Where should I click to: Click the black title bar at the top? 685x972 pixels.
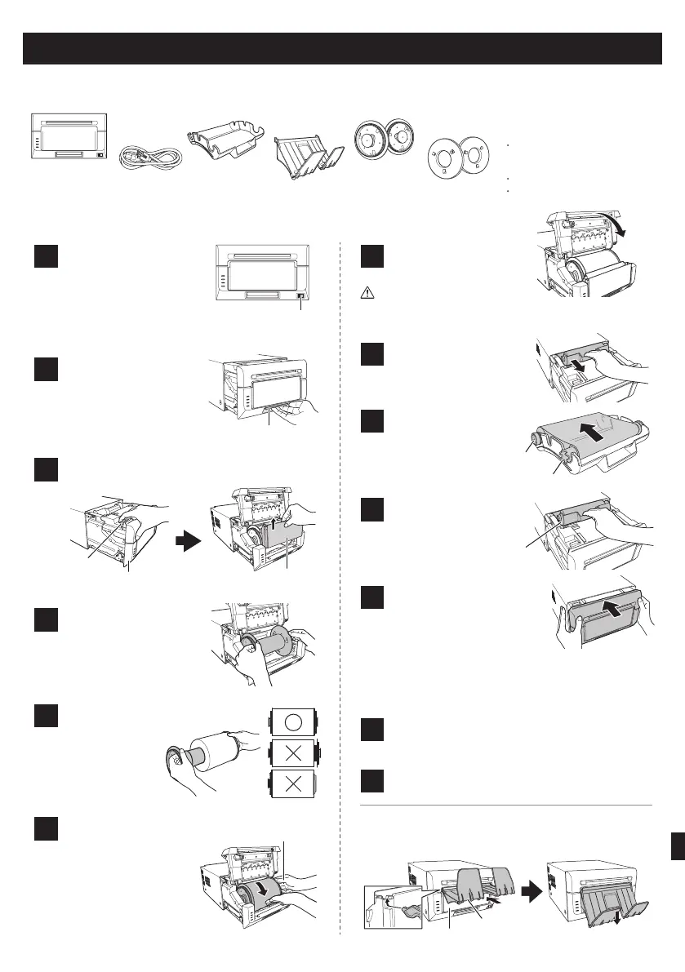(x=341, y=48)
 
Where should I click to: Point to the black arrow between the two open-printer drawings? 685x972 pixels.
(x=188, y=539)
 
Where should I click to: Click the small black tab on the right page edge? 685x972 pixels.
(x=676, y=853)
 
